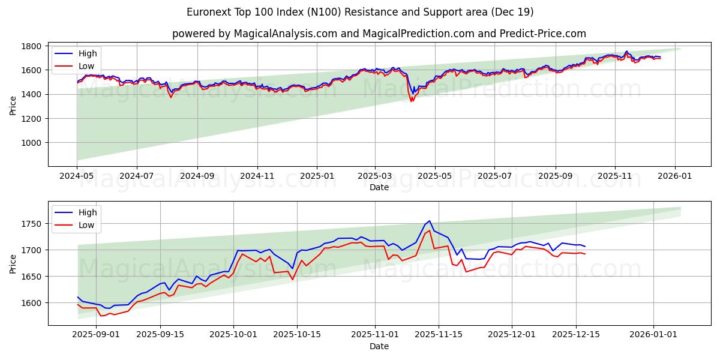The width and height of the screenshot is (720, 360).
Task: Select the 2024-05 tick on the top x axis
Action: click(77, 176)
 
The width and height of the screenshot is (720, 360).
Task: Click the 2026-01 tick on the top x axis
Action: click(675, 176)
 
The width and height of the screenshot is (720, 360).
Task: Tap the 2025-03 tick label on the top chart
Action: click(375, 176)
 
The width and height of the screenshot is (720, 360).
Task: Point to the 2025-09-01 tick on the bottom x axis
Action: click(96, 335)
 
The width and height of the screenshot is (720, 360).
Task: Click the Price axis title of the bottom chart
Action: click(13, 263)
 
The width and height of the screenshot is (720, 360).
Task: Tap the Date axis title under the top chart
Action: click(379, 187)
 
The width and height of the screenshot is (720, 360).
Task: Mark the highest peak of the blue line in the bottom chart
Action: click(429, 221)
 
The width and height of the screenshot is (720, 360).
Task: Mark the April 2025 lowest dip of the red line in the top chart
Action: click(411, 101)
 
